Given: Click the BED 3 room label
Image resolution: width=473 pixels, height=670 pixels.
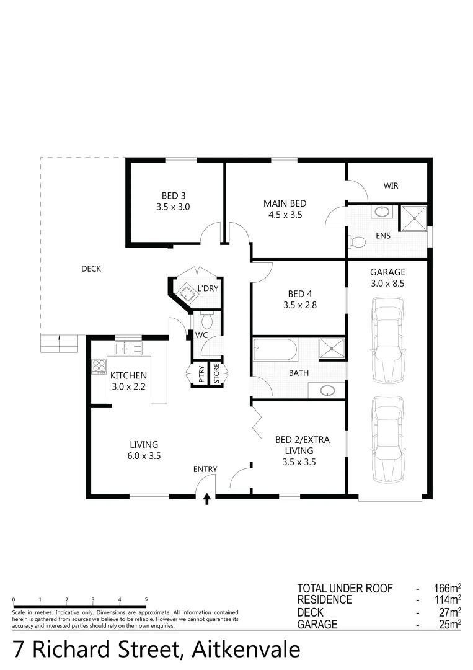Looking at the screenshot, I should [x=173, y=201].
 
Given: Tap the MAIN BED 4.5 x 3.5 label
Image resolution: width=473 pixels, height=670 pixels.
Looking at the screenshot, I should [x=285, y=209].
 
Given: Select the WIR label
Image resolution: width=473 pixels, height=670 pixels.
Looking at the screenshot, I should [x=391, y=185].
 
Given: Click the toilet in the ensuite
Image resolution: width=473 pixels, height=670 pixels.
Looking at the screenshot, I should [x=358, y=241].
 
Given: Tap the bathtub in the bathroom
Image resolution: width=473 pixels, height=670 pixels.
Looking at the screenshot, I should [x=275, y=352].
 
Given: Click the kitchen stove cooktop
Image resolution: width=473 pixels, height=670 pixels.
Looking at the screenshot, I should [x=99, y=366].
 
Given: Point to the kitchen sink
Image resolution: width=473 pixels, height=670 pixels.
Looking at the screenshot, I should [x=128, y=349].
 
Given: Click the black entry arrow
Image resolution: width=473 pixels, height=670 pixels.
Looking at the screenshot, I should [x=207, y=499].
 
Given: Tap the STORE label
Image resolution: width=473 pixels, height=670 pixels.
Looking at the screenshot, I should [x=216, y=373].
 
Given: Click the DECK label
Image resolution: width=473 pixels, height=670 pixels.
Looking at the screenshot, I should [x=91, y=269].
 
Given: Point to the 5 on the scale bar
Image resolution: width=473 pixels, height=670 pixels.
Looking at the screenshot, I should [x=146, y=600].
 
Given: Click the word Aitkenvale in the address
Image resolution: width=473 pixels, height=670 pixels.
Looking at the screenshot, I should [x=246, y=649].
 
